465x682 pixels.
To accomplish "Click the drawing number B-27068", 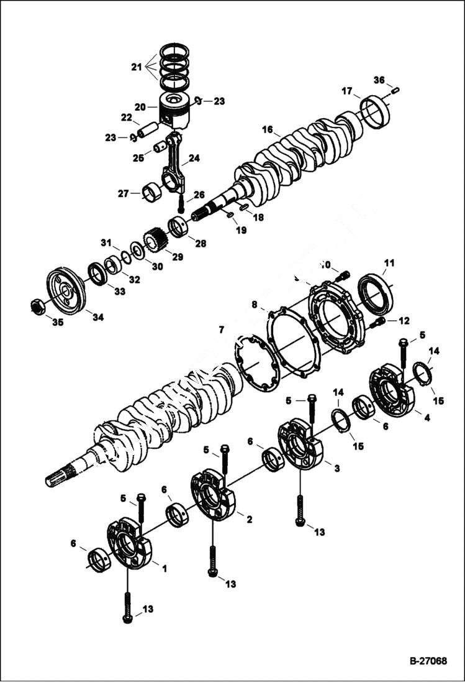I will (428, 661).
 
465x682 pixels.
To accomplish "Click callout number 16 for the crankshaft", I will (268, 130).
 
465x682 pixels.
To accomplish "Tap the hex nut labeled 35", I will (37, 306).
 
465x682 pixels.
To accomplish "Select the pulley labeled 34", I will (65, 291).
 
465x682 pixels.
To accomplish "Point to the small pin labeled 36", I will (395, 91).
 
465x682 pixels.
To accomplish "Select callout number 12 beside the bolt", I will (404, 321).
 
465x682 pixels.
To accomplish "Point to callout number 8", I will (254, 305).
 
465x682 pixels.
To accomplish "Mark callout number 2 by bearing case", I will (248, 518).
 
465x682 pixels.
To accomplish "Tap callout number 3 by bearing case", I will (336, 468).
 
